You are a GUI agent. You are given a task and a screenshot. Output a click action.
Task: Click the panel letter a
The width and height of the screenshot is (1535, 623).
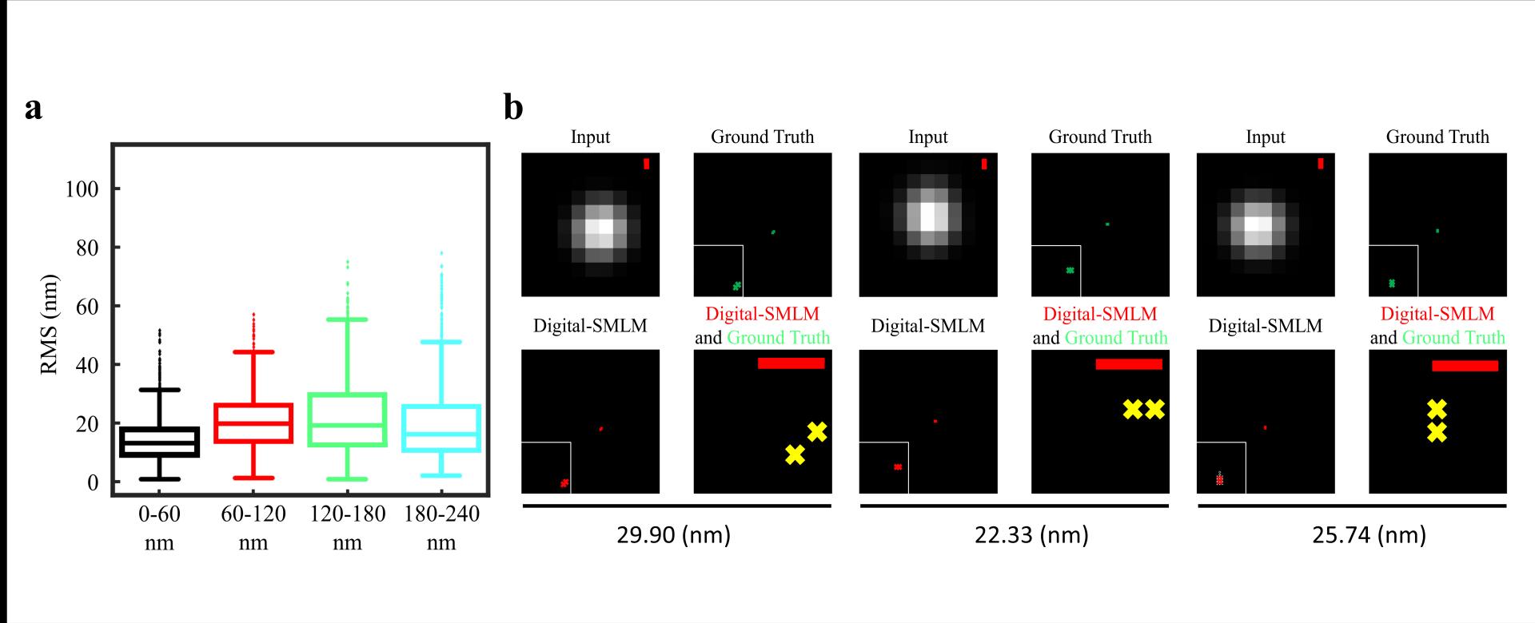point(33,109)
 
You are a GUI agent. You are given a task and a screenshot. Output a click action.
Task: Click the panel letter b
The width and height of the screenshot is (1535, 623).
point(513,107)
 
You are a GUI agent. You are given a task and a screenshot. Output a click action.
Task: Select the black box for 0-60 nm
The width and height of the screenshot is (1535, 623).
point(159,442)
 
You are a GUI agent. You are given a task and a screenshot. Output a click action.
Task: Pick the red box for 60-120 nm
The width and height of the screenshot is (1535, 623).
point(253,423)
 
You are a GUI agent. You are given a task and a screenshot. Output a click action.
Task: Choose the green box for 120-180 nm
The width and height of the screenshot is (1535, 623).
point(347,419)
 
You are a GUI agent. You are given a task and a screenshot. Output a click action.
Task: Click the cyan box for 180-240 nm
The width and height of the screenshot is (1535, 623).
point(441,429)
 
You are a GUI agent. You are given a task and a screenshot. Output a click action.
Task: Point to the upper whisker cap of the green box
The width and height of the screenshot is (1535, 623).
point(347,319)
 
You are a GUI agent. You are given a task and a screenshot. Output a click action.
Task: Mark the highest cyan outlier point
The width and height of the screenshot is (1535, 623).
point(441,253)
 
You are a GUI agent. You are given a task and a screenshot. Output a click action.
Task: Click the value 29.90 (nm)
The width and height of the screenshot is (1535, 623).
point(673,534)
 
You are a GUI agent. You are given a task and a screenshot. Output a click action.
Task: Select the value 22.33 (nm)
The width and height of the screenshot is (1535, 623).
point(1031,534)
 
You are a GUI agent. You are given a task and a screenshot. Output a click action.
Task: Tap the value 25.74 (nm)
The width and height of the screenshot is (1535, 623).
point(1369,534)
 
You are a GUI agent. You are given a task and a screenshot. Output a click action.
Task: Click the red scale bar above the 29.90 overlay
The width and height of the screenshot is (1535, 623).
point(791,363)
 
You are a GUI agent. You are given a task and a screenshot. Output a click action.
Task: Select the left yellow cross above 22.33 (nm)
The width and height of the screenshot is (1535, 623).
point(1132,410)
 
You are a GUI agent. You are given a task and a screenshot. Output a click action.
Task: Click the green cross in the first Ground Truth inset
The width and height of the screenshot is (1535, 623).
point(736,285)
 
